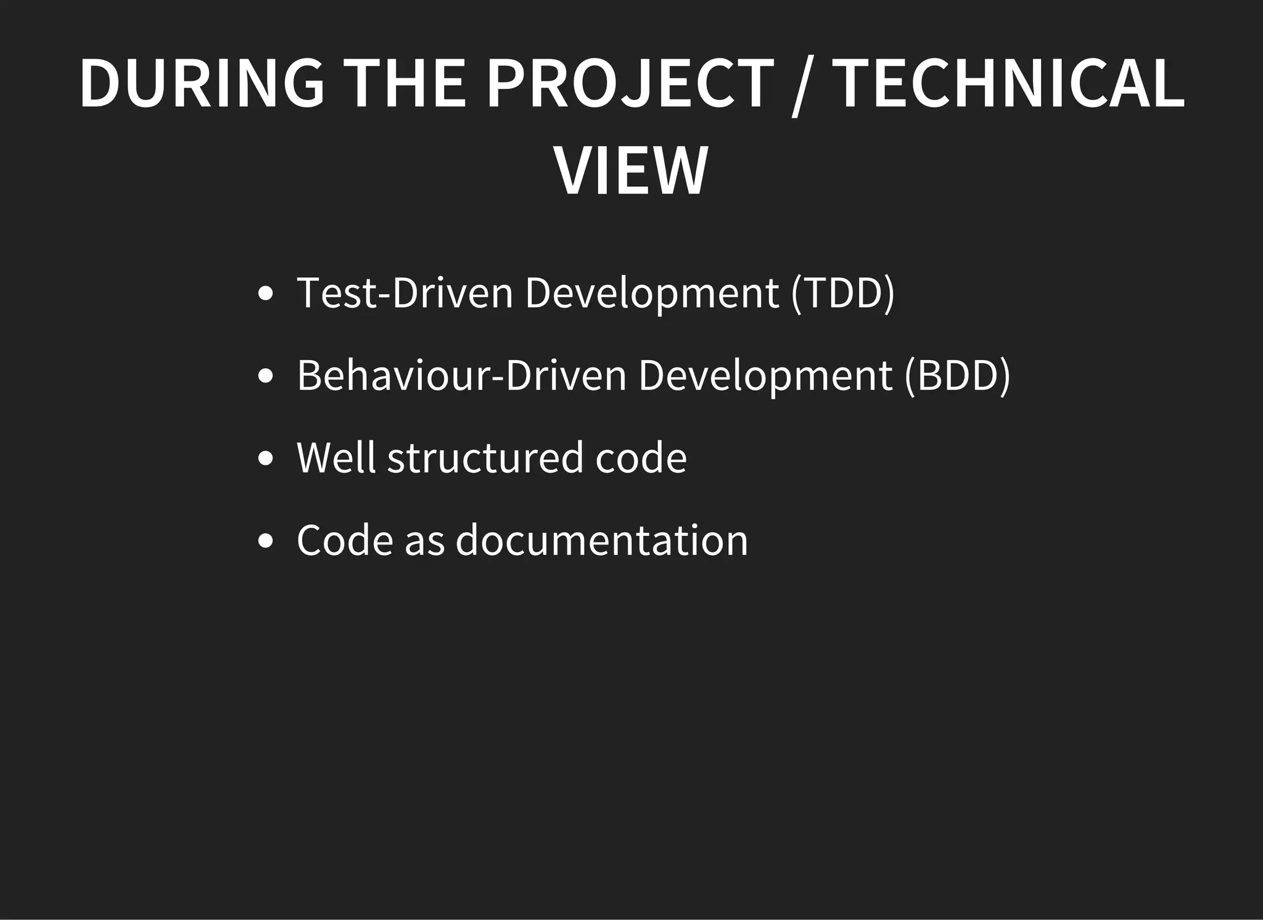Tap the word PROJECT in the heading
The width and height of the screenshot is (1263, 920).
tap(630, 83)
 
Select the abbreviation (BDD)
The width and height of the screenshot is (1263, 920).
tap(958, 375)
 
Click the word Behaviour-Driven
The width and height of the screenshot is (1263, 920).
tap(461, 375)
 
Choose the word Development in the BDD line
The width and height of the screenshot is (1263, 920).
tap(765, 375)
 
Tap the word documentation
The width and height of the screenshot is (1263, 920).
tap(601, 540)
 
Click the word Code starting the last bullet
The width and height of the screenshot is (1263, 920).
tap(345, 540)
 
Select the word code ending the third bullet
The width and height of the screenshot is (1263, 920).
tap(641, 458)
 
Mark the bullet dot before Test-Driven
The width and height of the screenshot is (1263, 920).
tap(265, 294)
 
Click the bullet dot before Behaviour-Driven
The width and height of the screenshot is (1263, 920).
tap(265, 376)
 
